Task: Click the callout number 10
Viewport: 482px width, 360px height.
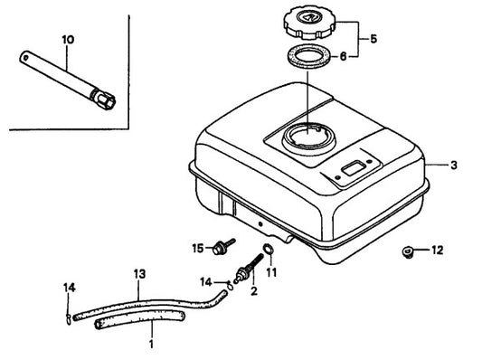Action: (x=68, y=40)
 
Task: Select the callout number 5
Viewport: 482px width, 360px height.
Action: (x=373, y=39)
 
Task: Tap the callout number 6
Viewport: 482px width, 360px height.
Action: (x=343, y=57)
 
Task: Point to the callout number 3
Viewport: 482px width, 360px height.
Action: (x=454, y=166)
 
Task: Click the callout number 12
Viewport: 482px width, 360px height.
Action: (x=438, y=251)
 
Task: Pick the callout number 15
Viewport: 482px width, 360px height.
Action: (x=198, y=248)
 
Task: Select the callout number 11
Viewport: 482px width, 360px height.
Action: (x=271, y=272)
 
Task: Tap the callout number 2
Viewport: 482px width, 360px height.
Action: (x=253, y=290)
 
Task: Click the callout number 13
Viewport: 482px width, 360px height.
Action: (x=139, y=274)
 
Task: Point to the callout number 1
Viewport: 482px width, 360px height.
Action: (x=151, y=344)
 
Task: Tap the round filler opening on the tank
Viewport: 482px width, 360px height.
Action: (x=308, y=138)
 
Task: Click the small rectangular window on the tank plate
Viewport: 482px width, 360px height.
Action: (x=354, y=169)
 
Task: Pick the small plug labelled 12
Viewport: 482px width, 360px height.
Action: (x=408, y=252)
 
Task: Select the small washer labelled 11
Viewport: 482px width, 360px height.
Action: (x=269, y=249)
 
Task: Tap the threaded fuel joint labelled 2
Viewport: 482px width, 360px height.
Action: (x=248, y=269)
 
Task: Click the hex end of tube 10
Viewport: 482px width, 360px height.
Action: (x=105, y=99)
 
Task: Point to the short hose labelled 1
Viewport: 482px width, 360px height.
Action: (x=140, y=320)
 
